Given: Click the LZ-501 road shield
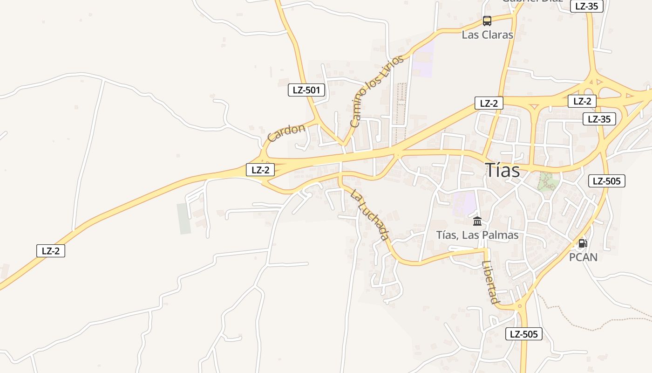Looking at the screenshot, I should [x=306, y=90].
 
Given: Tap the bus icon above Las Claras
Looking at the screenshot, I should [x=487, y=21].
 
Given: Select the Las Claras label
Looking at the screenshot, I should [x=487, y=35].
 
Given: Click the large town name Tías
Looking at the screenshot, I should [x=502, y=170].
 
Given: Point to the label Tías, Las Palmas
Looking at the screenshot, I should [x=477, y=235].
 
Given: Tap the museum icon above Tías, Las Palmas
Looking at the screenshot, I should [x=477, y=221].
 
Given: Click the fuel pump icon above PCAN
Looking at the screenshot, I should [x=583, y=243].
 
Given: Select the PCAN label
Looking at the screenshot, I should [x=583, y=257].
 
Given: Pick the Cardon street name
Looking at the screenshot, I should [x=286, y=132].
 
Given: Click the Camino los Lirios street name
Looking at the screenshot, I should [x=377, y=91].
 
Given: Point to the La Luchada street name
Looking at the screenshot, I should [x=370, y=214].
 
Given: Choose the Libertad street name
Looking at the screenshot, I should [x=490, y=283].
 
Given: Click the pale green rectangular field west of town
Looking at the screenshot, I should [x=184, y=218].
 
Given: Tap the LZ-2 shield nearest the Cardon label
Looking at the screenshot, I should [x=260, y=170].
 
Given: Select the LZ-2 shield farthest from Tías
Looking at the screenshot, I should [x=51, y=251].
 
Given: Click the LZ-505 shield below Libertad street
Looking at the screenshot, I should [x=523, y=334].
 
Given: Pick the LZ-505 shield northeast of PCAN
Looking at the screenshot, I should [x=606, y=181].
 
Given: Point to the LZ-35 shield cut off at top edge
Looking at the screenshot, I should [x=586, y=6].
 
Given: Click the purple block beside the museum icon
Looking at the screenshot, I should [x=464, y=203].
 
